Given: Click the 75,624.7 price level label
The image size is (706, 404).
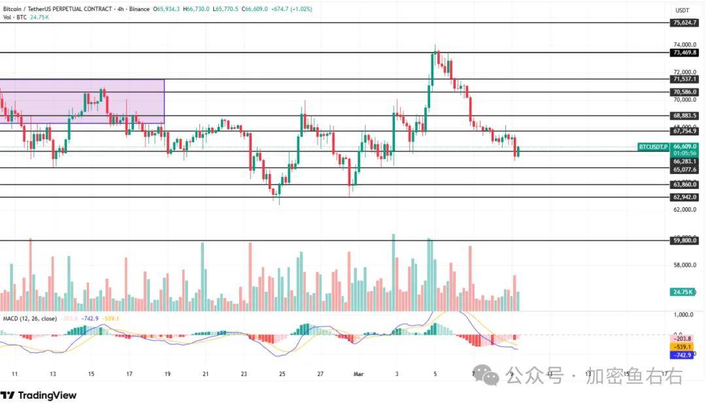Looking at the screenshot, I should coord(684,23).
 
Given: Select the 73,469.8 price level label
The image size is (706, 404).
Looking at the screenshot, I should coord(684,52).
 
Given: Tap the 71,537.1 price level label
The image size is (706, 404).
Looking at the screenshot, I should coord(684,79).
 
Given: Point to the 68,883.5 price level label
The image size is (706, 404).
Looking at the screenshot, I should coord(684,116).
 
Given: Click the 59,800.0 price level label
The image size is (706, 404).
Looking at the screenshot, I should coord(684,241).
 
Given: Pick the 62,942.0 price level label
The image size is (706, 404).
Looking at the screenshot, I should coord(684,197).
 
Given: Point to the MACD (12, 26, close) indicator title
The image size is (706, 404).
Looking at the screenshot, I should coord(30,318).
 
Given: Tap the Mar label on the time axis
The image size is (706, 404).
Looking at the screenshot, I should coord(358,374).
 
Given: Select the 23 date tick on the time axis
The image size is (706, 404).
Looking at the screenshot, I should coord(244,374).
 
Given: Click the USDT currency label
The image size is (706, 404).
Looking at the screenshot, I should coord(682,10).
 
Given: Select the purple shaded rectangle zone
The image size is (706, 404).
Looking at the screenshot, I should coord(82,101).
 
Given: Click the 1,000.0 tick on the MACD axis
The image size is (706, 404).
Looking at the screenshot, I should coord(682,314).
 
